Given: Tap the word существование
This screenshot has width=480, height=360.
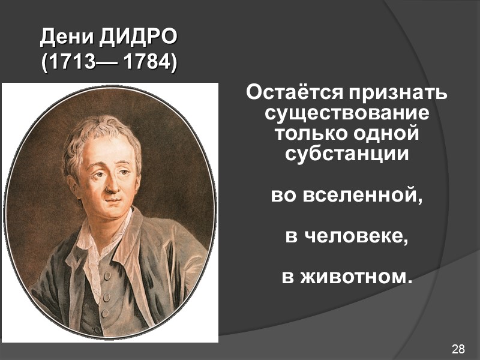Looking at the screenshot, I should pyautogui.click(x=347, y=114).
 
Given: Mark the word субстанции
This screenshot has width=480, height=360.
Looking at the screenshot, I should pyautogui.click(x=347, y=153).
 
